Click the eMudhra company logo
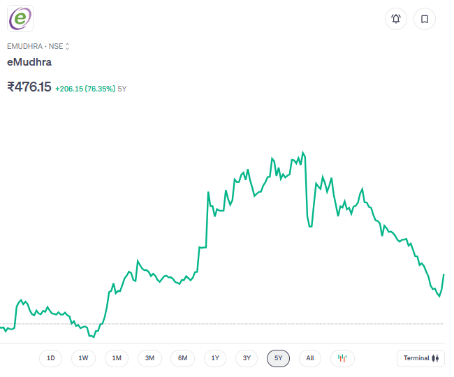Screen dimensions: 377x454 point(20,18)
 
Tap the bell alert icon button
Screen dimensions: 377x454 point(396,19)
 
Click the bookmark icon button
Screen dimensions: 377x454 point(424,19)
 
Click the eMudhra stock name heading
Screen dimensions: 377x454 point(29,62)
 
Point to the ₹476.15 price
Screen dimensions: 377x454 point(29,87)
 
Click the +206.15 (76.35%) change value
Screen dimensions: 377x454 point(85,89)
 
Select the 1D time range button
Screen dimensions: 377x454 point(51,358)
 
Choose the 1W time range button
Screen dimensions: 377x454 point(83,358)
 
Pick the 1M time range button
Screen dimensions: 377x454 point(117,358)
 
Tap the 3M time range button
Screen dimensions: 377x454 point(149,358)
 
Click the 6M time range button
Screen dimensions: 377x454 point(182,358)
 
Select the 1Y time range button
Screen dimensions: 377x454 point(215,358)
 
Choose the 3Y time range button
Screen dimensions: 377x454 point(247,358)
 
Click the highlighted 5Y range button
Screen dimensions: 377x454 point(278,358)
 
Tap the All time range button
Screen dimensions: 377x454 point(310,358)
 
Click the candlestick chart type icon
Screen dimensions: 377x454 point(342,358)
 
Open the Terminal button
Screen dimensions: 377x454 point(420,358)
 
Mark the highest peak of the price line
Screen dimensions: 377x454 point(302,151)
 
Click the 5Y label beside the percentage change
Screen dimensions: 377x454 point(122,89)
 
